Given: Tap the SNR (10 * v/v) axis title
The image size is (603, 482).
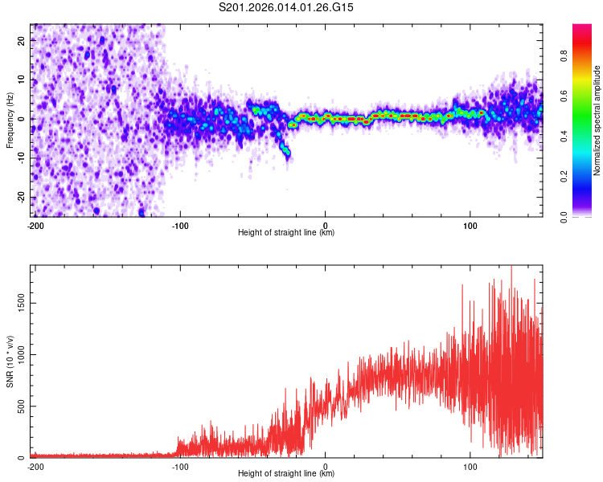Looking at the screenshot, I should tap(10, 361).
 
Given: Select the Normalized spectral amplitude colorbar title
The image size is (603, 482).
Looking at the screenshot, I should tap(597, 120).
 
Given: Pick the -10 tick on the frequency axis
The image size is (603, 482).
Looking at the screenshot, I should tap(21, 158).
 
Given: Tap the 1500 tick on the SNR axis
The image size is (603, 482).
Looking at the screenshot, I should tap(18, 303).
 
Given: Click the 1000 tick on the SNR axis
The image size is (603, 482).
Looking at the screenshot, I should tap(18, 354).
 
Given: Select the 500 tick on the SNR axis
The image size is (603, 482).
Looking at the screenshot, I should tap(20, 406).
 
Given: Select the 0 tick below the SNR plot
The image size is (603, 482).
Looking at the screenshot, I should tap(326, 467).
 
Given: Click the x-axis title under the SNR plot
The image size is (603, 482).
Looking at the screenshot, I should tap(286, 475).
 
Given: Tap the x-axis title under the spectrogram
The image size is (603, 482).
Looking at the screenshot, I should tap(286, 233).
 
